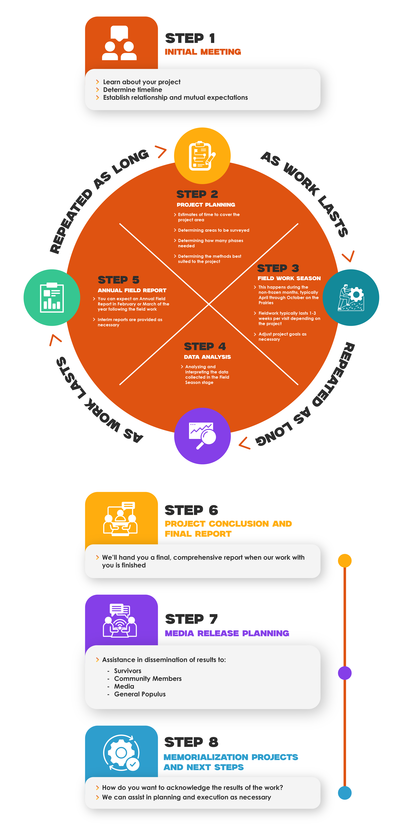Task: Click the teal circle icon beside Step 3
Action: tap(351, 298)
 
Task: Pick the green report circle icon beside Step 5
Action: tap(52, 298)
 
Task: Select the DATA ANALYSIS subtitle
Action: tap(207, 357)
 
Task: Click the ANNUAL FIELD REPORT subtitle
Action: tap(132, 290)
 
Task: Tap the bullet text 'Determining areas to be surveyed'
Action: tap(213, 230)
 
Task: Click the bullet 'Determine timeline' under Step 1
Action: tap(133, 90)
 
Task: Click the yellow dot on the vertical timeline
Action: tap(345, 561)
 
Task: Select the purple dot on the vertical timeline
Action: tap(345, 673)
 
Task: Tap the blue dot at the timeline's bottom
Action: tap(345, 793)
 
